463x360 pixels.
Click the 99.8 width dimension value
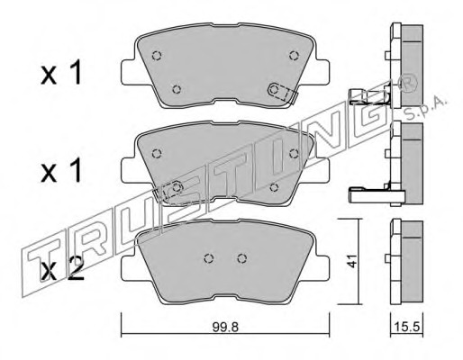225,328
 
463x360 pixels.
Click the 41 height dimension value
351,261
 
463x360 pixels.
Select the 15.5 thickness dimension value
406,327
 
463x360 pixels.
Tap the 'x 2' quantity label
62,269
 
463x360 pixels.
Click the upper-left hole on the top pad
157,56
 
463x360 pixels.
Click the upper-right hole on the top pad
294,55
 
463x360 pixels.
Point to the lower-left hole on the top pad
177,89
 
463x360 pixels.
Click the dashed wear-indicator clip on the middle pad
168,192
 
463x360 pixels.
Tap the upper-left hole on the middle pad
157,154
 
